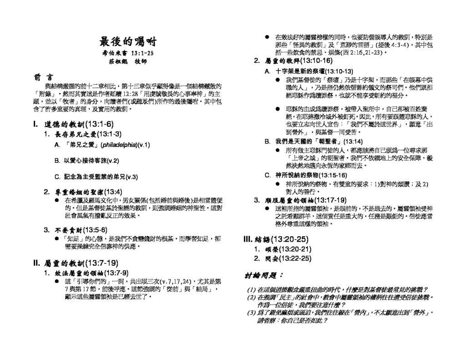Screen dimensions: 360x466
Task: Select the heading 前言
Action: pos(43,76)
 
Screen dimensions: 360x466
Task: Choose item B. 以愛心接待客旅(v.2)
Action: pos(86,161)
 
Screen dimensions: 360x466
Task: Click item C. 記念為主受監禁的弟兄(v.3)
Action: pos(96,177)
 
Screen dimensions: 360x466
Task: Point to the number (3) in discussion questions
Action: pos(251,313)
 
